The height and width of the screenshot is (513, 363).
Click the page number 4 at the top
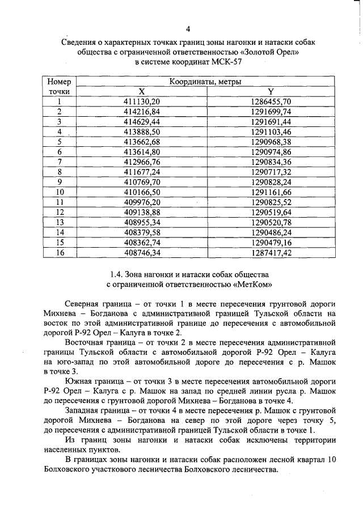188,29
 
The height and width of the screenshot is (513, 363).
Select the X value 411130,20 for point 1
142,101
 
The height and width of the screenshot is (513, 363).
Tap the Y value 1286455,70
271,101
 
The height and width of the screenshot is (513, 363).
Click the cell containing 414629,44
142,121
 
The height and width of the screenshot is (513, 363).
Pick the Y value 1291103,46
271,132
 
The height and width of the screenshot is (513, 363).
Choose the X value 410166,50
142,192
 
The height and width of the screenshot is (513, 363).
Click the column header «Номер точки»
59,86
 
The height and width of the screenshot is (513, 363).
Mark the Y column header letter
271,91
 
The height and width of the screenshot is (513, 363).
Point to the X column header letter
142,91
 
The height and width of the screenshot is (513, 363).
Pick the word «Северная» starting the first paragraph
83,303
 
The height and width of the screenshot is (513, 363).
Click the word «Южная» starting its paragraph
78,380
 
